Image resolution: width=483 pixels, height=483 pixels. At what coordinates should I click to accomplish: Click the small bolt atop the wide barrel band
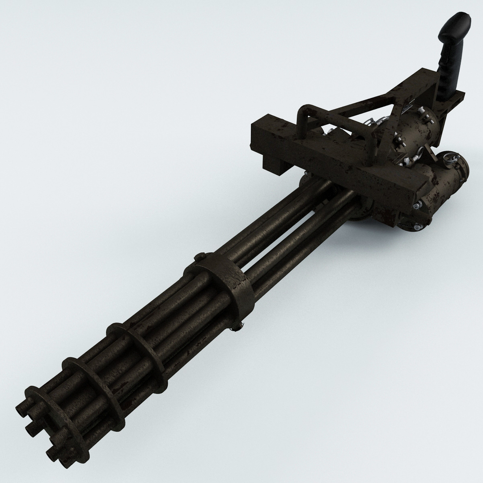[199, 257]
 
